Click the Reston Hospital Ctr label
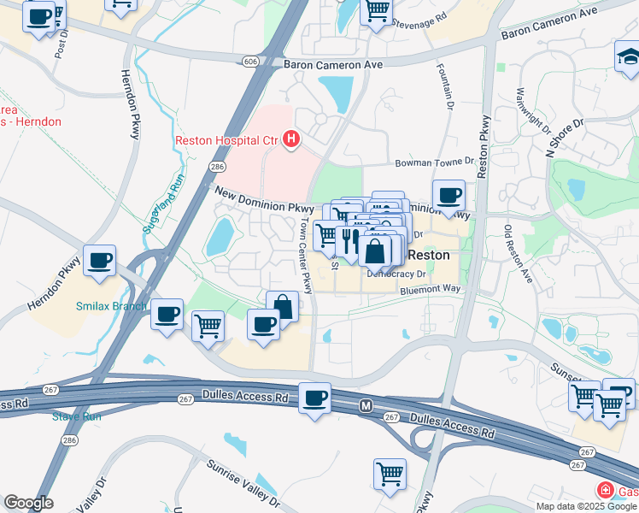click(227, 140)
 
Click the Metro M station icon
click(366, 404)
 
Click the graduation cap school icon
click(627, 57)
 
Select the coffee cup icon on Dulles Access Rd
click(314, 398)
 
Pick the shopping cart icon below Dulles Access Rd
click(390, 473)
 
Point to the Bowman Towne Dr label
click(434, 162)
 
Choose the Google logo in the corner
click(28, 503)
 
